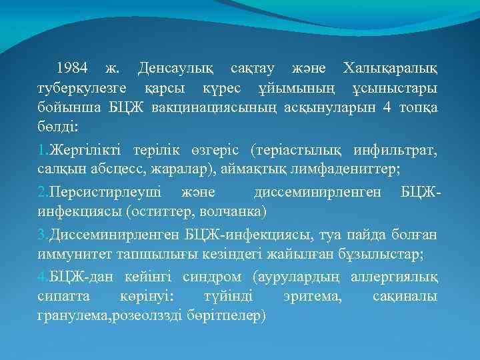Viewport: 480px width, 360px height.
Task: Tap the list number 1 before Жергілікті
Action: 41,151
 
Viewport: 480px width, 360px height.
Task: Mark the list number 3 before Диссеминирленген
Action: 41,236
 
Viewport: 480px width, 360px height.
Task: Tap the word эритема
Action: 311,298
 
